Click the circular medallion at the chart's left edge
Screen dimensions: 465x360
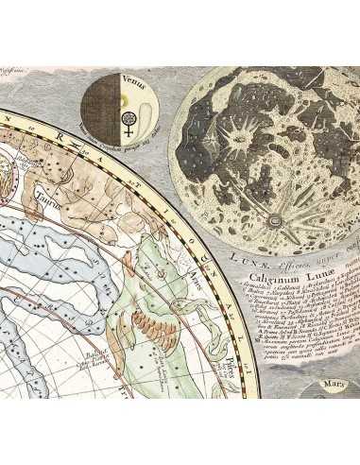8,170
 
